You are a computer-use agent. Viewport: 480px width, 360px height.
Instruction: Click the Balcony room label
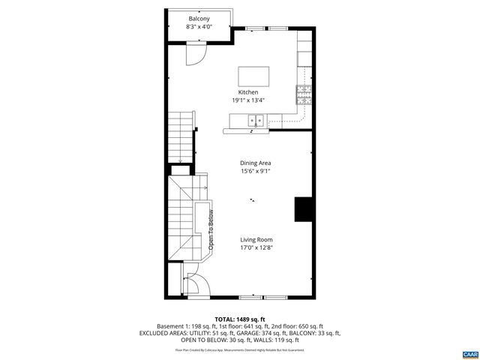pyautogui.click(x=199, y=19)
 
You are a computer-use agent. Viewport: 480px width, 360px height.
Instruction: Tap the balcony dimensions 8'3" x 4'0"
pyautogui.click(x=199, y=27)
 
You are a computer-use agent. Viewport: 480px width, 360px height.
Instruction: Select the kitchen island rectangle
pyautogui.click(x=253, y=76)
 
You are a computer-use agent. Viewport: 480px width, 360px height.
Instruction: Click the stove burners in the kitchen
pyautogui.click(x=304, y=94)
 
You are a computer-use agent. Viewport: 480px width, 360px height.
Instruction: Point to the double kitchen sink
pyautogui.click(x=256, y=120)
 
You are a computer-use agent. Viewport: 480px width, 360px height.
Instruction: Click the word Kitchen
pyautogui.click(x=248, y=92)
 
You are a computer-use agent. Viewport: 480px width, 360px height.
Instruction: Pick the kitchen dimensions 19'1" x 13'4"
pyautogui.click(x=248, y=100)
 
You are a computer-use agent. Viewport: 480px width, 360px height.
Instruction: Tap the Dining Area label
pyautogui.click(x=255, y=163)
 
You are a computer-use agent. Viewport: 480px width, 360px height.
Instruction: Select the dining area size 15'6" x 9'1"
pyautogui.click(x=255, y=171)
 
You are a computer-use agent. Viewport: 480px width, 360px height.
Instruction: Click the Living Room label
pyautogui.click(x=256, y=239)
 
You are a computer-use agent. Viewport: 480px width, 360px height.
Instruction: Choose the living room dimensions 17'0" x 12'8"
pyautogui.click(x=256, y=247)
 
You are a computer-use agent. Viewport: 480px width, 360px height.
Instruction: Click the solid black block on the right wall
pyautogui.click(x=304, y=209)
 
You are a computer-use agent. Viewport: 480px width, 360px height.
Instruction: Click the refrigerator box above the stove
pyautogui.click(x=304, y=58)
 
